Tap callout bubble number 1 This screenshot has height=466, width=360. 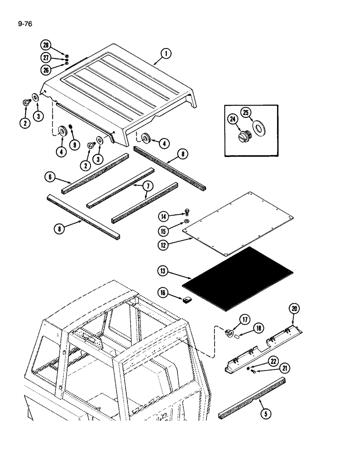166,55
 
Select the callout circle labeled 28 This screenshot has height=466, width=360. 45,45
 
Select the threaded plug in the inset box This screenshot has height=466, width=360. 244,135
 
